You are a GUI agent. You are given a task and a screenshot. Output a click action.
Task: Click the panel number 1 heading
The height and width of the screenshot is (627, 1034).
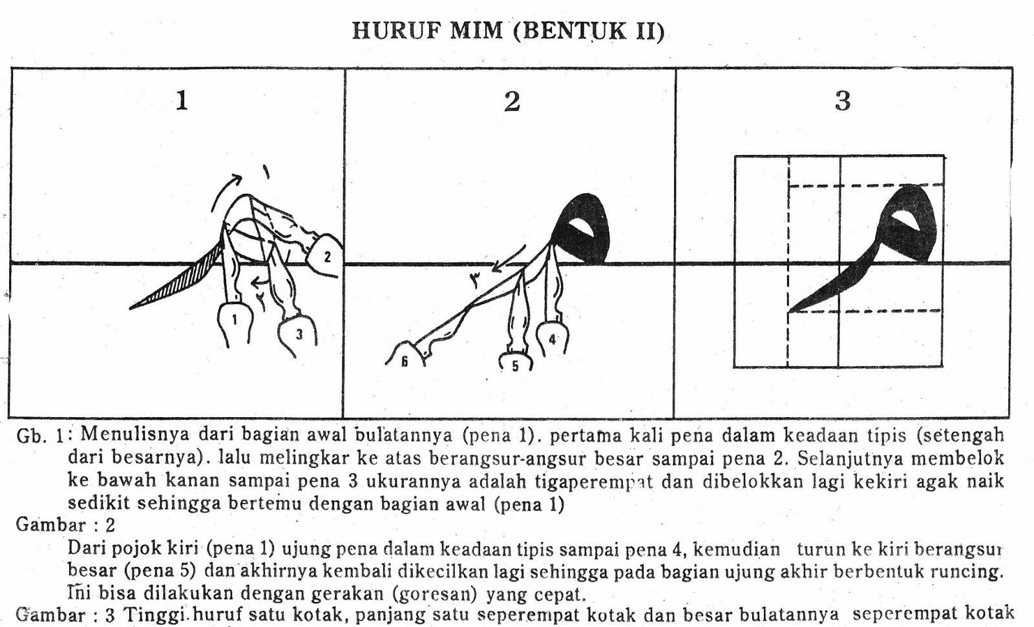click(x=182, y=101)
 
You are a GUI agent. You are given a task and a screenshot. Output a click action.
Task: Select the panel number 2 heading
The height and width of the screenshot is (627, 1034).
click(x=512, y=101)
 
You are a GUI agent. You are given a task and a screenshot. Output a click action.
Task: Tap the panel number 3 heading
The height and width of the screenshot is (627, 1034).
click(x=842, y=101)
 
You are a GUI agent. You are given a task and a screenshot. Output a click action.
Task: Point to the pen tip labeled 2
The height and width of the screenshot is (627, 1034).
click(x=326, y=257)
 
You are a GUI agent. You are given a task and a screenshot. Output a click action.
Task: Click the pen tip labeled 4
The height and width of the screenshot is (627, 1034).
click(x=553, y=338)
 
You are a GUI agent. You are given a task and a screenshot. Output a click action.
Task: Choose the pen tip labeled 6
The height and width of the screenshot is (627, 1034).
click(x=405, y=360)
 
